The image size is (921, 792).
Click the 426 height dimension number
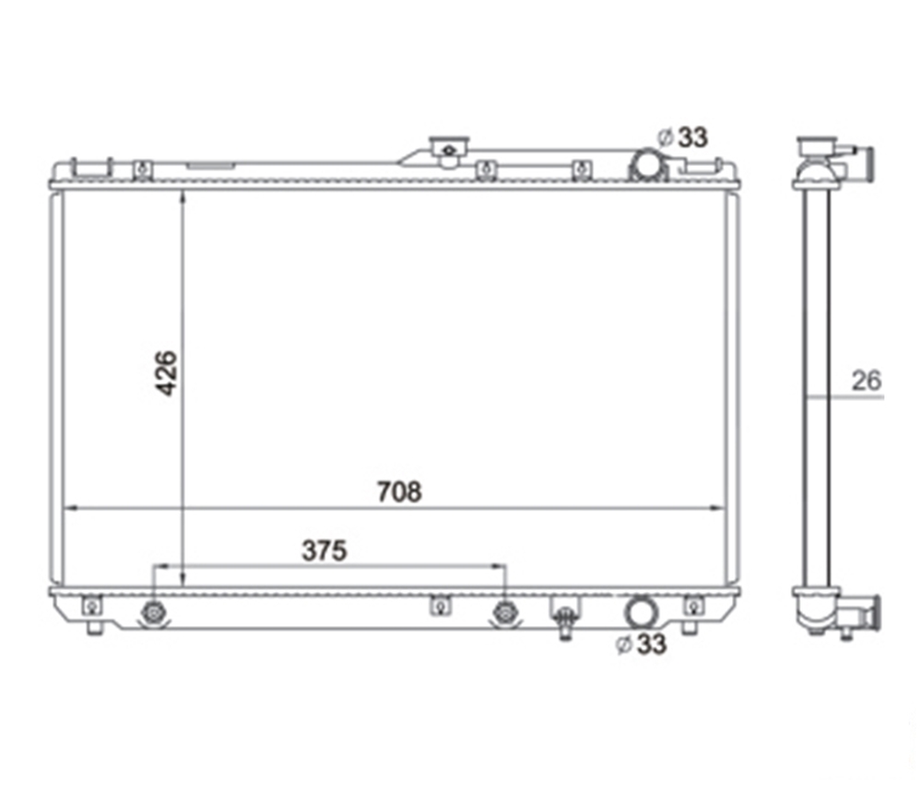pyautogui.click(x=167, y=373)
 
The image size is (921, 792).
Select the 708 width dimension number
pyautogui.click(x=399, y=491)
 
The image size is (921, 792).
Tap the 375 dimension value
pyautogui.click(x=325, y=551)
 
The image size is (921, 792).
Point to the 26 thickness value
pyautogui.click(x=867, y=381)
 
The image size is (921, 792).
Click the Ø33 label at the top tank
pyautogui.click(x=682, y=137)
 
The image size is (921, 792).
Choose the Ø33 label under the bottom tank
pyautogui.click(x=641, y=644)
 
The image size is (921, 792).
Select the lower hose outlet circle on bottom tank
pyautogui.click(x=642, y=612)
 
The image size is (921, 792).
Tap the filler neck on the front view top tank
pyautogui.click(x=449, y=148)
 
